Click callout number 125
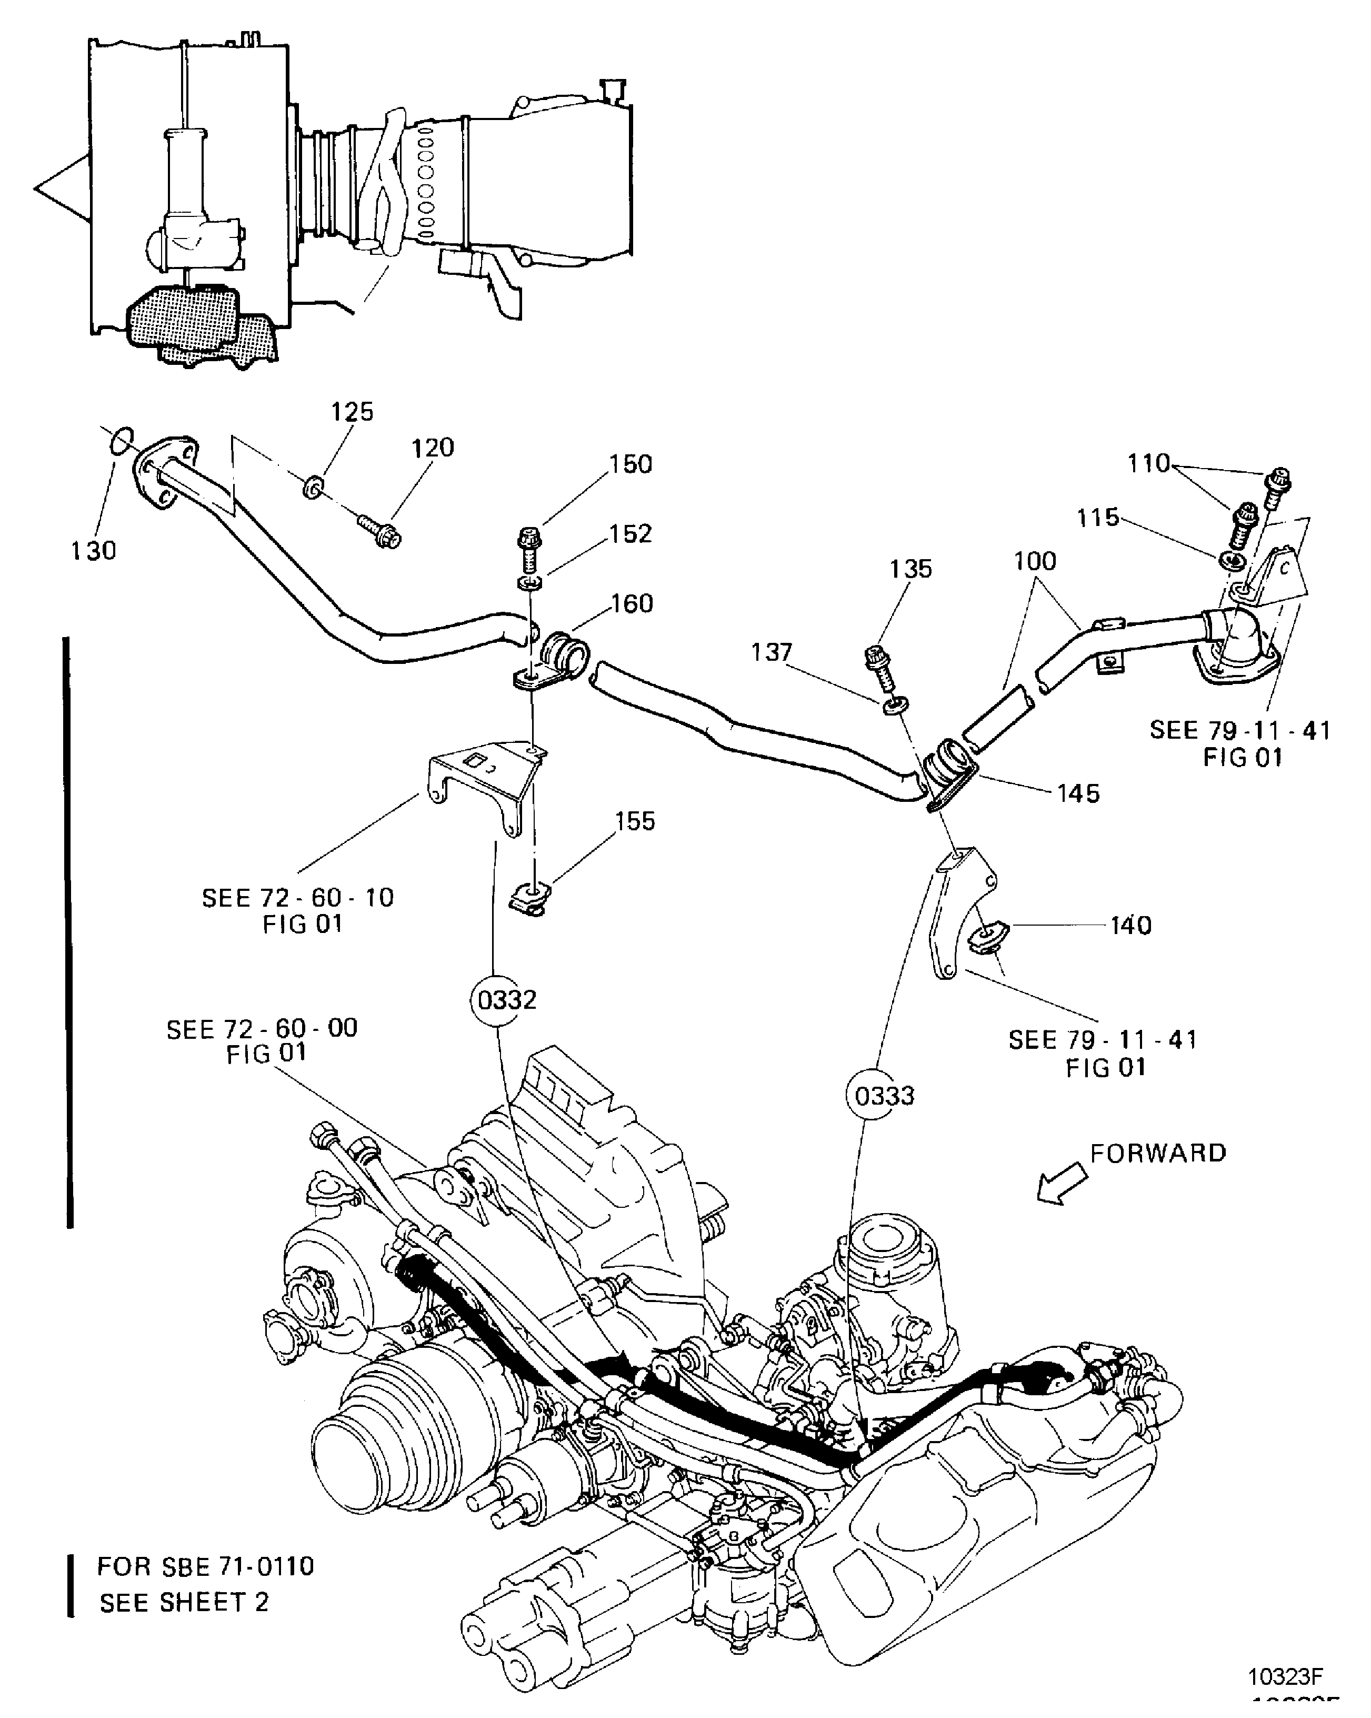tap(352, 412)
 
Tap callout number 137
tap(771, 653)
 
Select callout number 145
tap(1078, 793)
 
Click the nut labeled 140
tap(988, 938)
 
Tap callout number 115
tap(1098, 518)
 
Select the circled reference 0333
tap(884, 1096)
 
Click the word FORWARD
tap(1157, 1153)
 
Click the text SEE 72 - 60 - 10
tap(298, 898)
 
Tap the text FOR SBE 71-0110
tap(206, 1566)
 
